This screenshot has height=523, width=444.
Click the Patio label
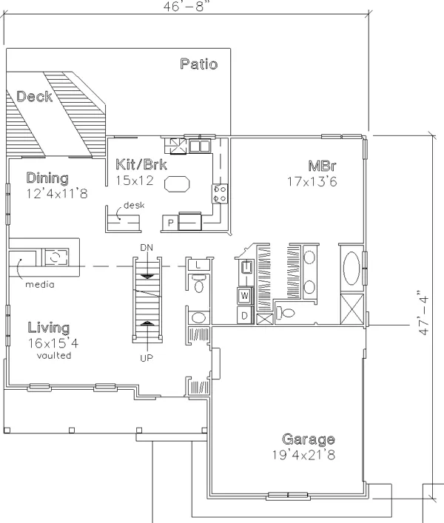pyautogui.click(x=199, y=64)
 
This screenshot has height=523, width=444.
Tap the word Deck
pyautogui.click(x=34, y=96)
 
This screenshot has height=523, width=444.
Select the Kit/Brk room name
pyautogui.click(x=141, y=165)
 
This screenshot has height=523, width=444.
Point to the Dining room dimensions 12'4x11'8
pyautogui.click(x=57, y=194)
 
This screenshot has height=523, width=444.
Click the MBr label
pyautogui.click(x=322, y=166)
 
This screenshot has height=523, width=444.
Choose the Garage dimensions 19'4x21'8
pyautogui.click(x=303, y=455)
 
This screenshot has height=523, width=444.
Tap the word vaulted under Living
pyautogui.click(x=54, y=356)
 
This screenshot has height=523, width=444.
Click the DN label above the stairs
pyautogui.click(x=147, y=248)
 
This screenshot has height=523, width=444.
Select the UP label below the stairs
pyautogui.click(x=147, y=358)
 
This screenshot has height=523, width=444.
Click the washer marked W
pyautogui.click(x=245, y=295)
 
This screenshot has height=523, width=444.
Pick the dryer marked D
pyautogui.click(x=245, y=315)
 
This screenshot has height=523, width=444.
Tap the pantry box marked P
pyautogui.click(x=170, y=223)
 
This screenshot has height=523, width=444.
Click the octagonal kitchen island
pyautogui.click(x=177, y=183)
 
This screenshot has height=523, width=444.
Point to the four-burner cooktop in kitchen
pyautogui.click(x=221, y=194)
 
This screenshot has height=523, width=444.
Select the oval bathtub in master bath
pyautogui.click(x=351, y=269)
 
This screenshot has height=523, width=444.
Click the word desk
pyautogui.click(x=134, y=205)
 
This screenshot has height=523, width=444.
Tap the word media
pyautogui.click(x=40, y=285)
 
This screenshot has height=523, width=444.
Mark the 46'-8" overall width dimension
pyautogui.click(x=188, y=7)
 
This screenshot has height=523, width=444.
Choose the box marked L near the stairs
pyautogui.click(x=198, y=266)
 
